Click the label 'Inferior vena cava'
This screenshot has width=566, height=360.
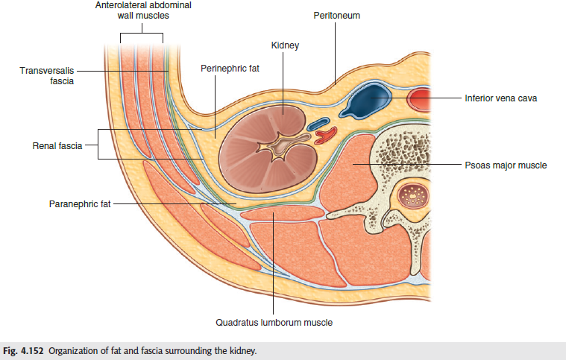pos(500,98)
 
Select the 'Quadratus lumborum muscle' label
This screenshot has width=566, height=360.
pos(274,323)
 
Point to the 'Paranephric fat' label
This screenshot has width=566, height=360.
pos(80,203)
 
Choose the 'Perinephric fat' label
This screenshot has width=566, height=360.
pos(230,68)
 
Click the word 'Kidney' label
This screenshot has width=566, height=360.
pos(286,46)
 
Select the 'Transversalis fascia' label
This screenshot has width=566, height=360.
pos(47,75)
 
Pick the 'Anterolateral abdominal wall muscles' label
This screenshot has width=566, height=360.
pos(142,10)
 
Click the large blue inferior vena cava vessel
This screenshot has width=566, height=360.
pos(368,101)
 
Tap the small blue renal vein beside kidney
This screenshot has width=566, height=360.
pos(319,123)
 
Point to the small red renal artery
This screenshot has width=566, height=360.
pos(326,136)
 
